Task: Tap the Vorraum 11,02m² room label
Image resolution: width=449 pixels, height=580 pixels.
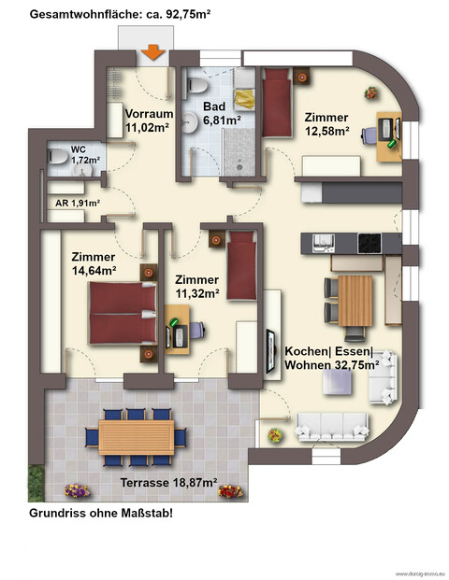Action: point(147,124)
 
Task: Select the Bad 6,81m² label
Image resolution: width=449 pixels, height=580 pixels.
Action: point(224,113)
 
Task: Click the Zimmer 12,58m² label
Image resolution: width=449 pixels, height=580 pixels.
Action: point(326,125)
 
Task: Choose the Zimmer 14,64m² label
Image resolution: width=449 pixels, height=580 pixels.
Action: point(93,264)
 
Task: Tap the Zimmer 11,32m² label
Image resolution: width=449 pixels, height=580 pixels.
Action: point(196,286)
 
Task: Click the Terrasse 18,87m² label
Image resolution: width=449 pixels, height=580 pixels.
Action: point(169,483)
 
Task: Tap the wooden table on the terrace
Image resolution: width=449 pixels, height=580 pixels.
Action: point(136,436)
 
